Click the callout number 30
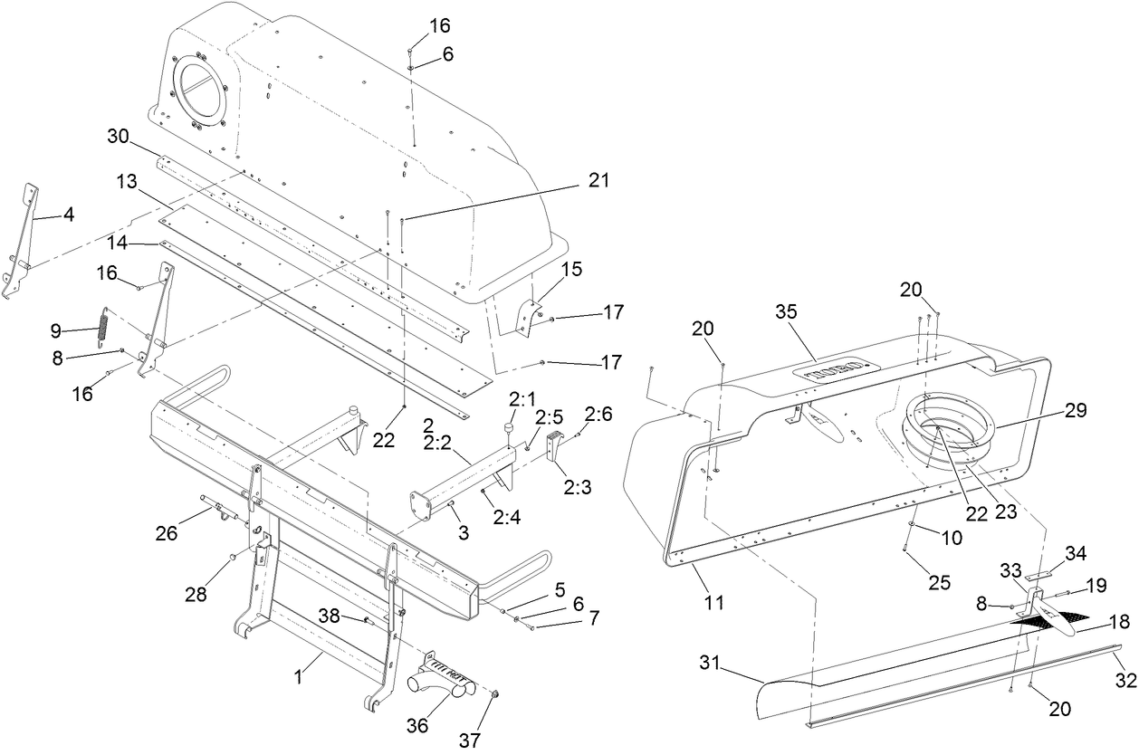119,136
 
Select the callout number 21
598,181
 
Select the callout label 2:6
598,414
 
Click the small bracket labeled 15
528,318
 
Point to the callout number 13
126,183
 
